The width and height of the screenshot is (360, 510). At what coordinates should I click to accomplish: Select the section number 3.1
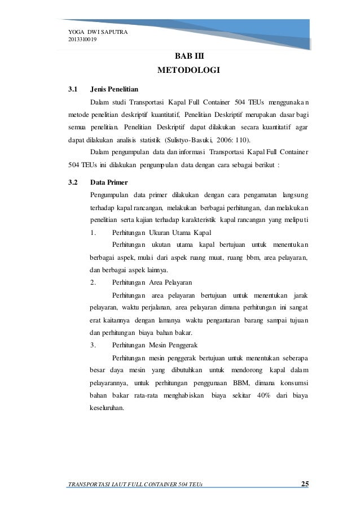pos(72,89)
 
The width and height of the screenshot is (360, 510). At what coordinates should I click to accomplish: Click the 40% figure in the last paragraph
pos(265,395)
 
